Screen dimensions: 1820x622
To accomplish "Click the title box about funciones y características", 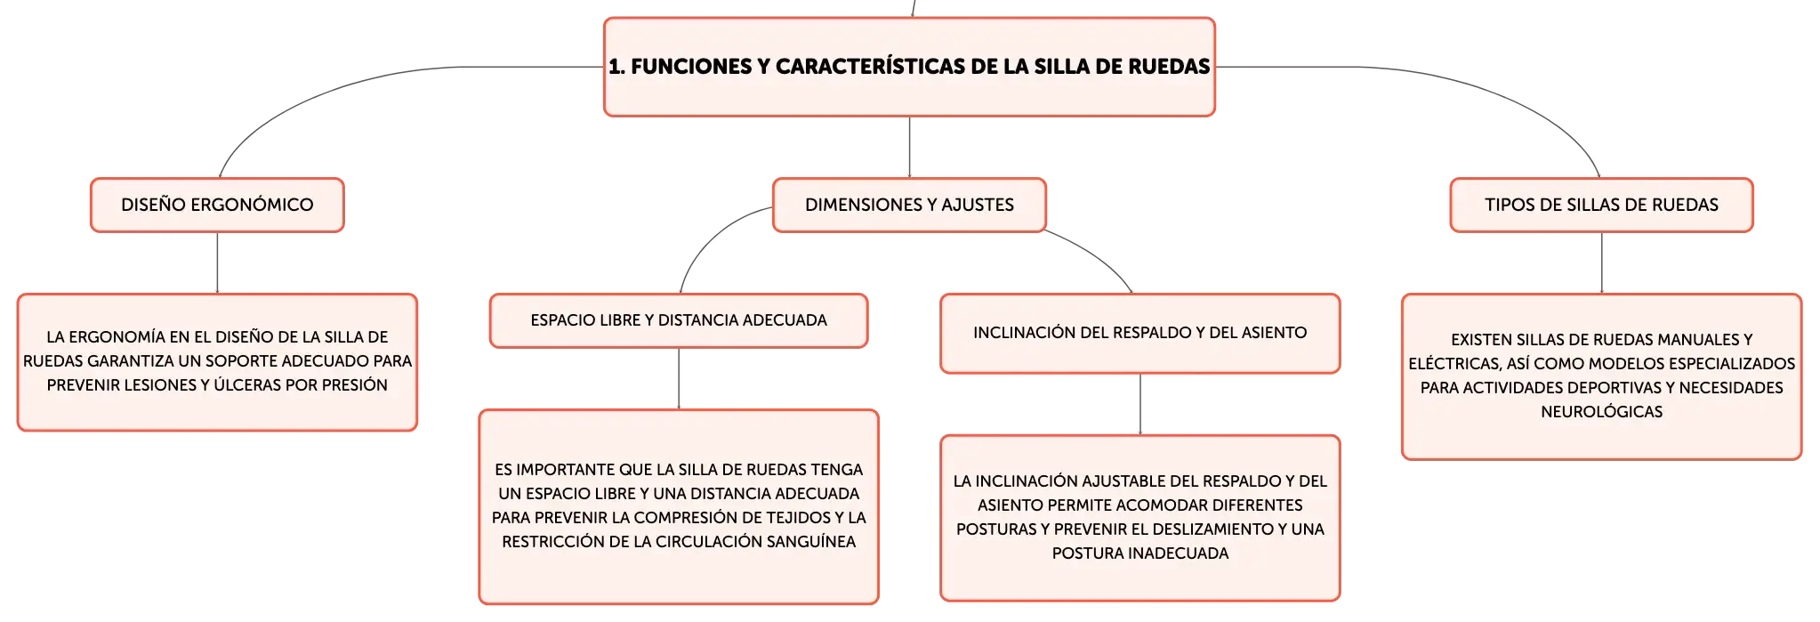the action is [x=909, y=67].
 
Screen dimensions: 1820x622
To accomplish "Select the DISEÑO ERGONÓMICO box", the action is [x=217, y=205].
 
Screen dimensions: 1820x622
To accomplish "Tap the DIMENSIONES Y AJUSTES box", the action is [x=909, y=205].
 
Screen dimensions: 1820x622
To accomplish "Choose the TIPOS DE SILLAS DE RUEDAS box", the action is [x=1601, y=205].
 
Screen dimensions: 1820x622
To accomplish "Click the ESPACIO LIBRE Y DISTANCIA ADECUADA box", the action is [x=679, y=320].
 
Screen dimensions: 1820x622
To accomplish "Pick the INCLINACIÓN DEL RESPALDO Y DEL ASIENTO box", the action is [x=1140, y=333].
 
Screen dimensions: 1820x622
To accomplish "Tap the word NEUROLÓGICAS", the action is [x=1601, y=412].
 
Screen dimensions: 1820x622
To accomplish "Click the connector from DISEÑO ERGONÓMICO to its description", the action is [x=217, y=263].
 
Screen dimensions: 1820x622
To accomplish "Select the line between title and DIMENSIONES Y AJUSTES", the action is [x=909, y=148].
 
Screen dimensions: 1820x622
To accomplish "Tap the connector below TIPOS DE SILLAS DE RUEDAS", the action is [x=1601, y=263].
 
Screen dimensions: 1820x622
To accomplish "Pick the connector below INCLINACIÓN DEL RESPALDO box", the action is [x=1140, y=405].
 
